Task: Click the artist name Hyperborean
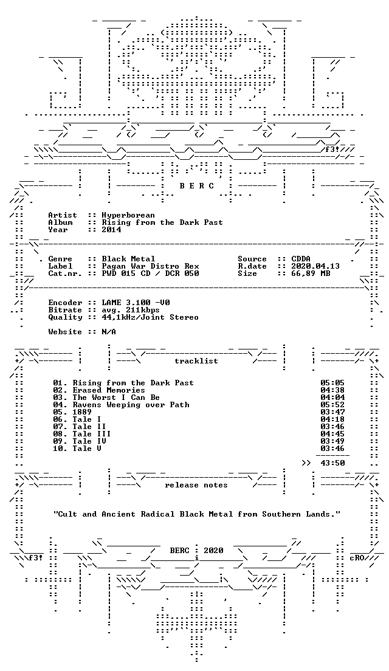(128, 215)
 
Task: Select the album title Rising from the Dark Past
(162, 222)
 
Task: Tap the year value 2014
(111, 230)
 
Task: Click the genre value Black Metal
(128, 259)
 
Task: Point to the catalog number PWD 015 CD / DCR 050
(150, 274)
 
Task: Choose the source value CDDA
(301, 259)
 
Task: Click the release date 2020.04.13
(315, 266)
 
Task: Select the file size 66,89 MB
(311, 274)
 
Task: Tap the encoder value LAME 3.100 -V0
(136, 303)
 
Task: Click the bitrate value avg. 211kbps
(131, 310)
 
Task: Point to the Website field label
(64, 332)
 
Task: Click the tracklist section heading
(196, 361)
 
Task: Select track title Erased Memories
(109, 390)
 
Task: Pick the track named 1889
(82, 412)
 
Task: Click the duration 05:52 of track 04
(332, 405)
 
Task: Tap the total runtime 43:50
(332, 463)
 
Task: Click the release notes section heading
(196, 485)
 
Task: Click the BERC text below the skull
(196, 186)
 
